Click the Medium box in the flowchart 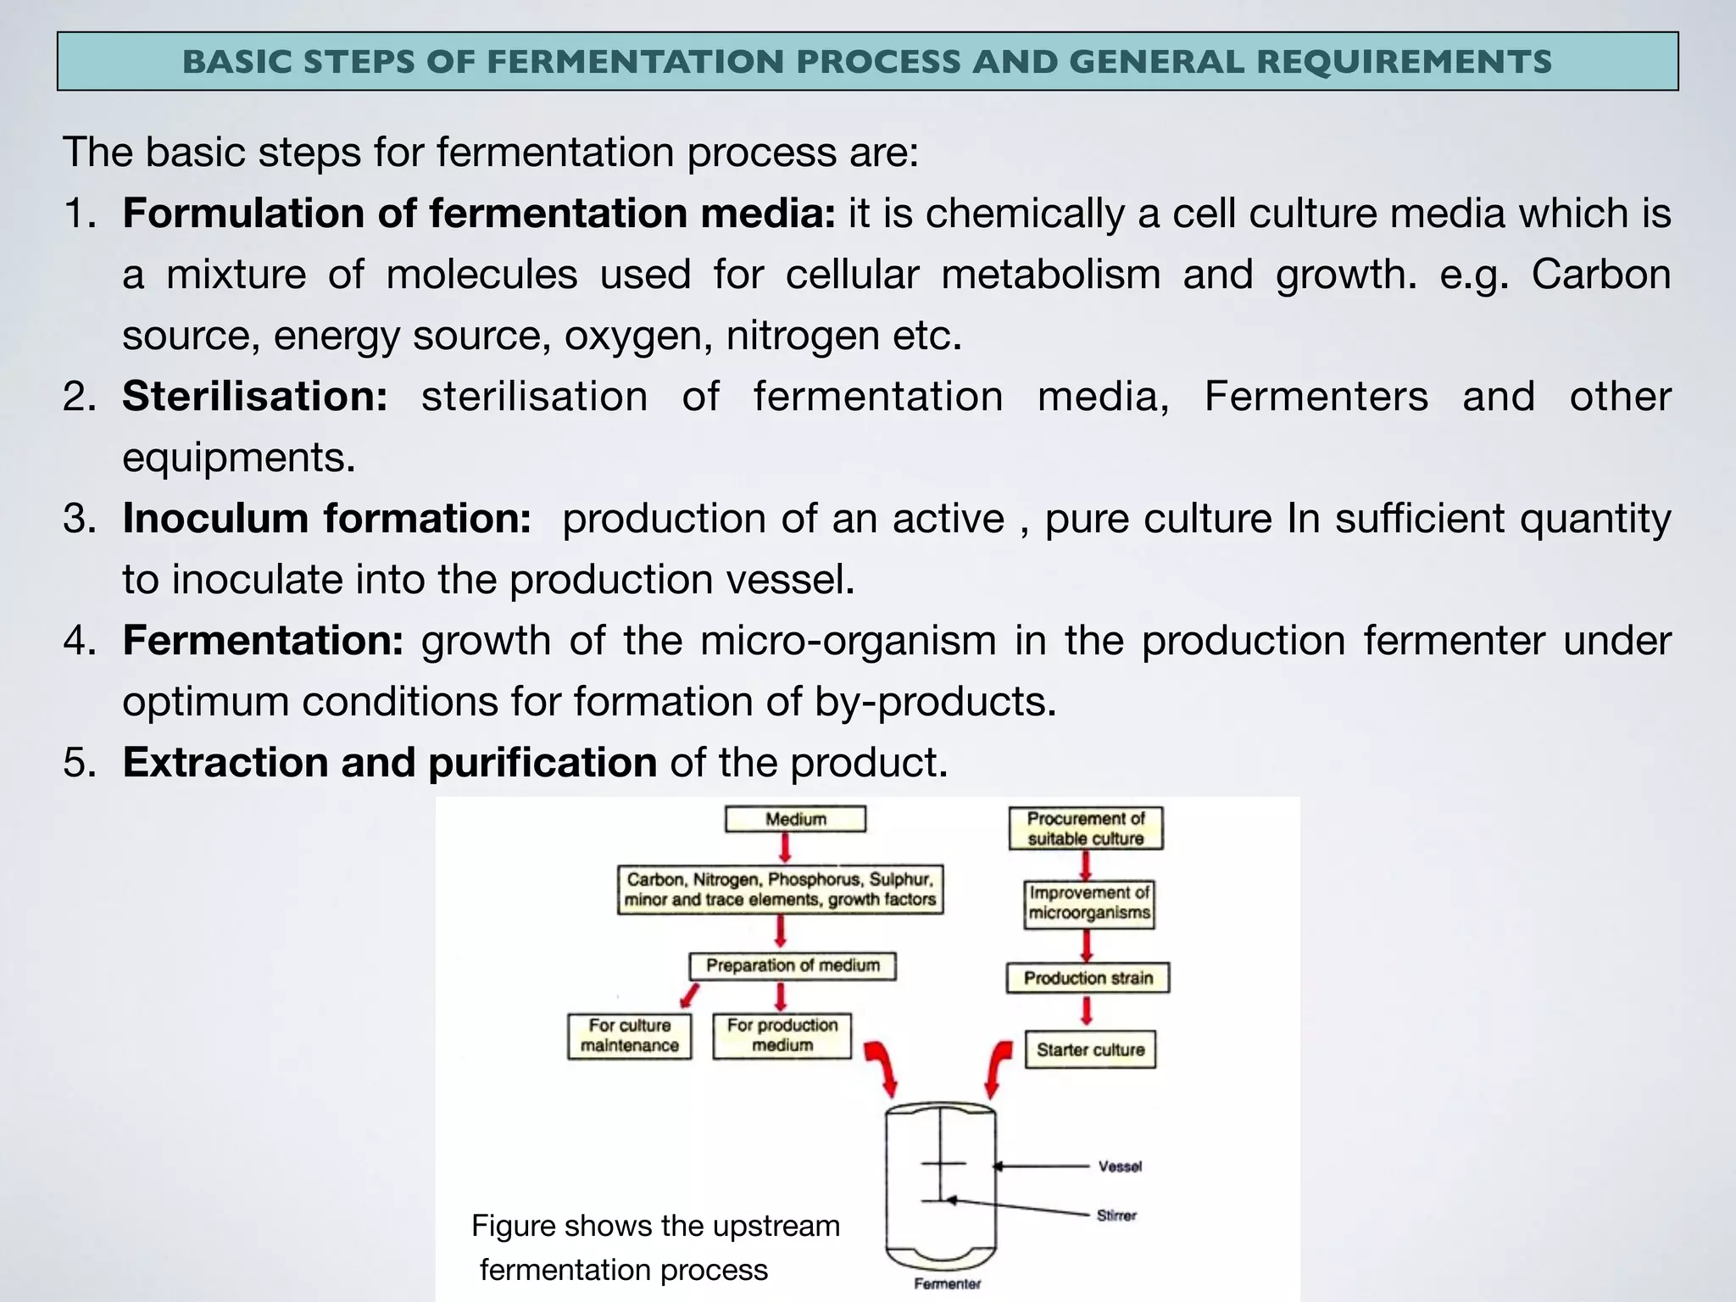795,819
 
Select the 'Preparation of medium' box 793,965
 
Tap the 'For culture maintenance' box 629,1036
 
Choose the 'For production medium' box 782,1035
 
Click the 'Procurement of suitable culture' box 1085,828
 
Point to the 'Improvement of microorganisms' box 1088,904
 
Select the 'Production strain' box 1088,978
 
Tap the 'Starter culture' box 1090,1049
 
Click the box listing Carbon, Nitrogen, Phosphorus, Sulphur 780,889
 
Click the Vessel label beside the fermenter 1120,1166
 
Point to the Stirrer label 1116,1216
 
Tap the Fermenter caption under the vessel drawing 947,1284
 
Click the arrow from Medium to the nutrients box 786,847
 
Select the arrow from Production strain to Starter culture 1087,1010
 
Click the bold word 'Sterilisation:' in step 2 255,397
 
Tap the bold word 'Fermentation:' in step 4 263,641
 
